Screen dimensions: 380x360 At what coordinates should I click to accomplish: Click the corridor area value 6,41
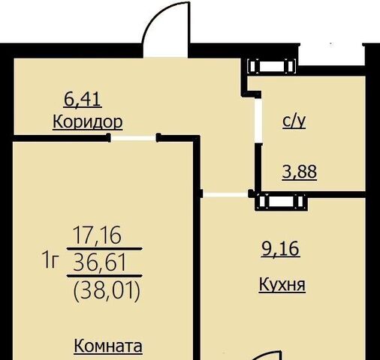click(83, 99)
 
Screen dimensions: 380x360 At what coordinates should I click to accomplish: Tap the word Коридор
click(88, 122)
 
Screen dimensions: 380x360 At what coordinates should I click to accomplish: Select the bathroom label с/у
click(294, 121)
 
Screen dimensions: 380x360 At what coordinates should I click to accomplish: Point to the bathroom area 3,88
click(300, 172)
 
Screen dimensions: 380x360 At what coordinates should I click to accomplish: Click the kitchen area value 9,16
click(280, 249)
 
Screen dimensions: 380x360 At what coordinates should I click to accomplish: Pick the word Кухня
click(282, 284)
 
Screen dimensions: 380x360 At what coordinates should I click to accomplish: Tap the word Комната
click(108, 346)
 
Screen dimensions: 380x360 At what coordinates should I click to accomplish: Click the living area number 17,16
click(97, 235)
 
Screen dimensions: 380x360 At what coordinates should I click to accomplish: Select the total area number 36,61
click(99, 262)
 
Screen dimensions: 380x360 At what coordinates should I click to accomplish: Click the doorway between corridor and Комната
click(134, 138)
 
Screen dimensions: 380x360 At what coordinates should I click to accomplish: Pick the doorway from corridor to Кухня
click(225, 194)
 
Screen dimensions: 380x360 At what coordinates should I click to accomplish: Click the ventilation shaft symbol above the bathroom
click(272, 66)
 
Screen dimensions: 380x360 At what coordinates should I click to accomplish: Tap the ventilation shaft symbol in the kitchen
click(282, 201)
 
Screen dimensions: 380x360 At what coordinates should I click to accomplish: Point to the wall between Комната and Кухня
click(197, 247)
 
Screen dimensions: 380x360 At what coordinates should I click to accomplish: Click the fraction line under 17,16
click(104, 249)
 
